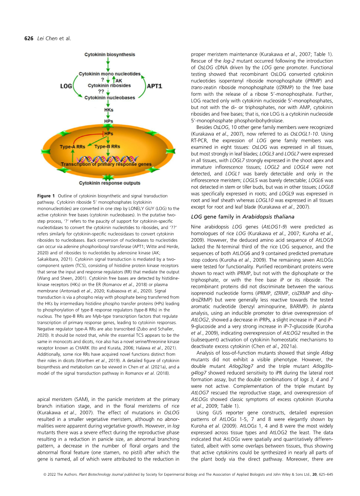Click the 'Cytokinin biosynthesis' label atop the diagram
coord(110,55)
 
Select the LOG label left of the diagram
coord(66,86)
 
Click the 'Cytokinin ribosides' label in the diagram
coord(109,85)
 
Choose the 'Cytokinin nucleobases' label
coord(110,98)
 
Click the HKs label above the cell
coord(109,110)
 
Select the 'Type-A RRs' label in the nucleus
coord(72,147)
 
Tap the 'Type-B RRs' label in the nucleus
coord(107,147)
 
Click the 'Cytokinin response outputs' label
coord(110,183)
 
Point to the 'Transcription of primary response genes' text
coord(106,164)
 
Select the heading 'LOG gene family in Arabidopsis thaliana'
coord(243,216)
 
